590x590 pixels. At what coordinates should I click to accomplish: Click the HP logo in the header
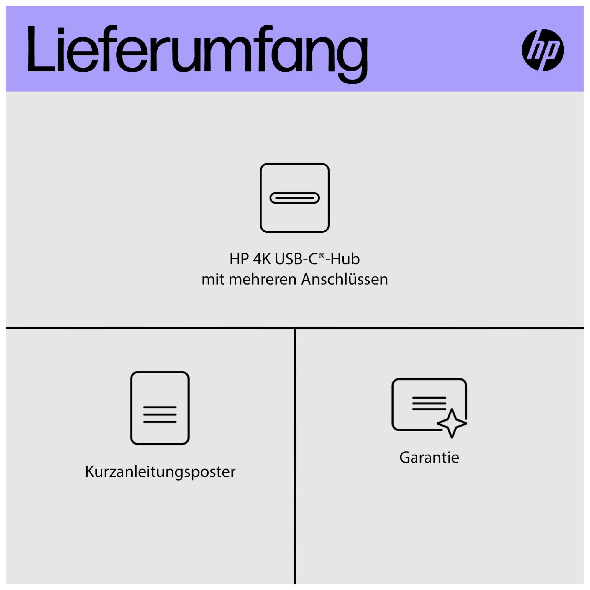[x=543, y=50]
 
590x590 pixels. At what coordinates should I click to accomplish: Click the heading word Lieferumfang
[x=198, y=53]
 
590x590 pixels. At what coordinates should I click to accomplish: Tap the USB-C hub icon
[x=295, y=198]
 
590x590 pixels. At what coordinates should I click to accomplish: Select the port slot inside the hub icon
[x=295, y=198]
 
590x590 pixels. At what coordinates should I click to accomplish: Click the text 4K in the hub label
[x=262, y=259]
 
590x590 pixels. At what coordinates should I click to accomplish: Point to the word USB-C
[x=296, y=259]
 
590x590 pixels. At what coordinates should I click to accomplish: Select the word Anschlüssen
[x=345, y=279]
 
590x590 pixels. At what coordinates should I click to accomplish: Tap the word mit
[x=213, y=279]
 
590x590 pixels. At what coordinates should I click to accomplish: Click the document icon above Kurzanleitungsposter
[x=160, y=408]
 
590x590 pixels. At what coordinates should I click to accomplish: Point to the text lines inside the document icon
[x=160, y=414]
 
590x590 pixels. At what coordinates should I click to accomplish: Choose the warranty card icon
[x=429, y=408]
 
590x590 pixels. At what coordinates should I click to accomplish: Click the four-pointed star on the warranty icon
[x=452, y=423]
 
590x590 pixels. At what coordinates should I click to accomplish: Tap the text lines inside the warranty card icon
[x=429, y=403]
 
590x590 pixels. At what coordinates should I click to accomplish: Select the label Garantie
[x=429, y=458]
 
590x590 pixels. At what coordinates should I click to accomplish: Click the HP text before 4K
[x=239, y=259]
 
